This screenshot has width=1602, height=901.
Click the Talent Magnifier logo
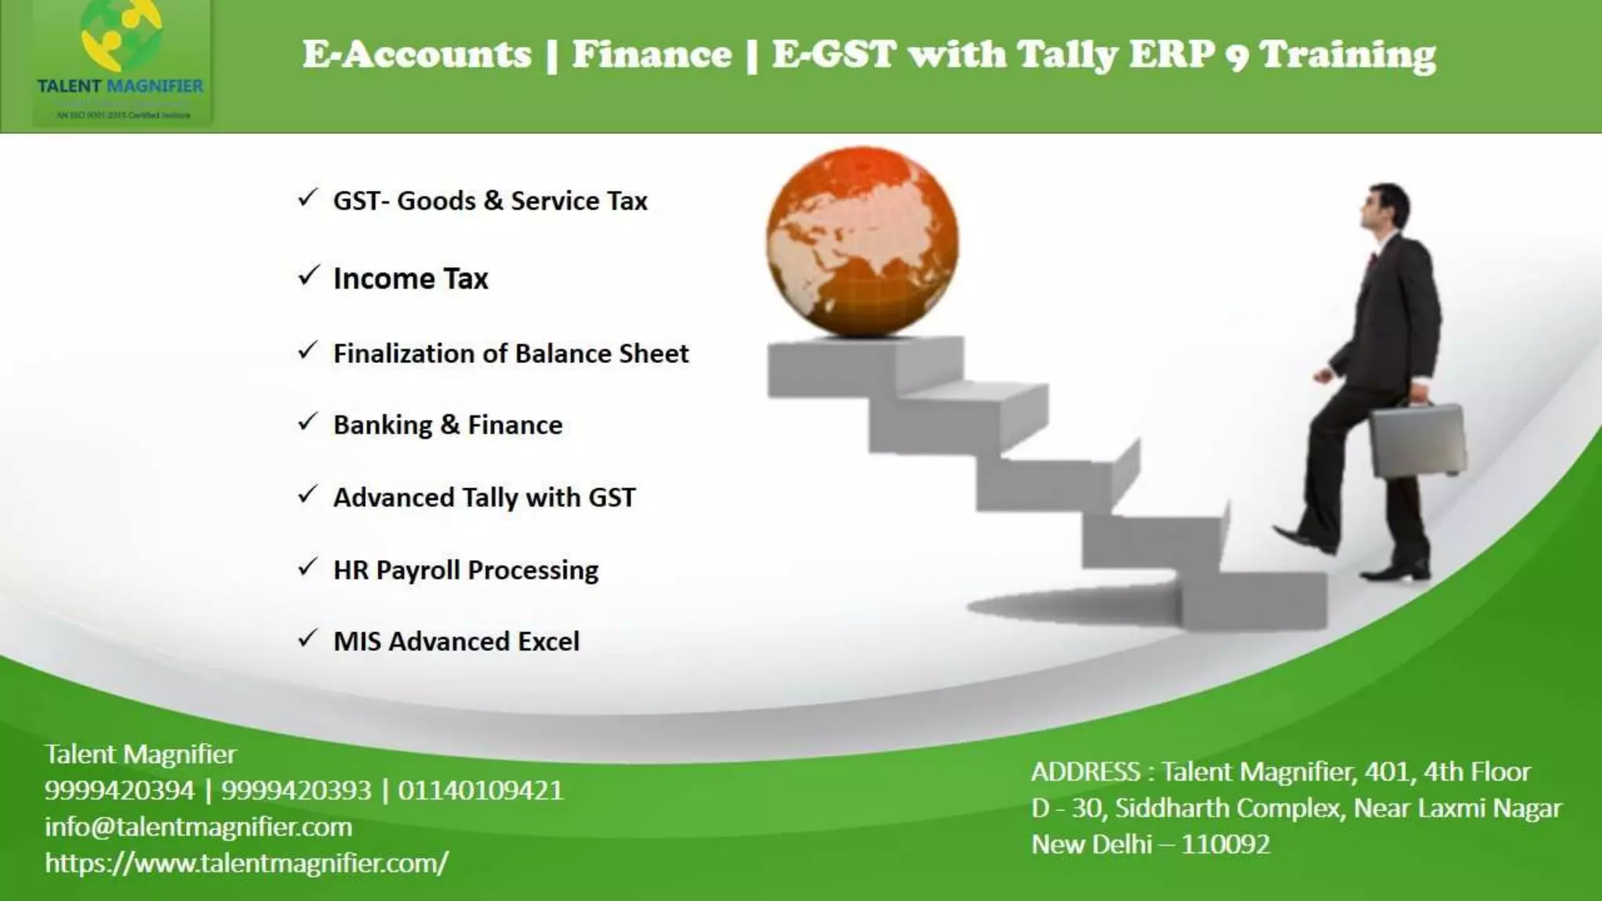point(121,63)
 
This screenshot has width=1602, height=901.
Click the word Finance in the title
point(652,55)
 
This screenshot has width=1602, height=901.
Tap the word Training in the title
point(1348,55)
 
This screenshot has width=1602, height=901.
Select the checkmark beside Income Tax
point(308,276)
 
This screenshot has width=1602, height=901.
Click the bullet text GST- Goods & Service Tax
point(490,201)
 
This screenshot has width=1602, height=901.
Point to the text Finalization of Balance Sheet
point(511,354)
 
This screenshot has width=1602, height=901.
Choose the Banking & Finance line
point(447,425)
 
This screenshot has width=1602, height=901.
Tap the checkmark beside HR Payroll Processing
point(308,567)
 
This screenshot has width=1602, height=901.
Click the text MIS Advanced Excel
point(456,641)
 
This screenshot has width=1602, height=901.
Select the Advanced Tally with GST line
point(484,497)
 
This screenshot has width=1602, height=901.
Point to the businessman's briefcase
point(1417,440)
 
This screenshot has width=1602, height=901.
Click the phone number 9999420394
point(119,790)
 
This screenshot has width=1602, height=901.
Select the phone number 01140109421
point(480,790)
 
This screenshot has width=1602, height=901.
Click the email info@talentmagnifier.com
point(199,827)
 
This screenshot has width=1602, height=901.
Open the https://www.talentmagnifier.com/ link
point(246,863)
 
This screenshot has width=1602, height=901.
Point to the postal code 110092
point(1226,845)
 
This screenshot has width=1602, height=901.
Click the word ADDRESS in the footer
point(1085,772)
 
